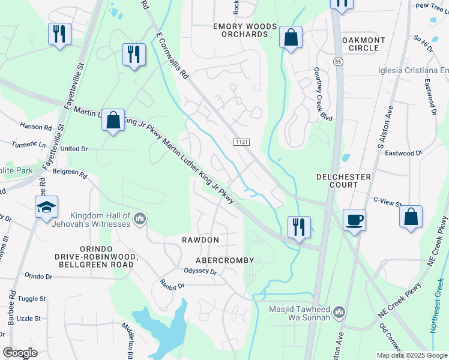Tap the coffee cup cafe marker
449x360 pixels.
click(x=354, y=220)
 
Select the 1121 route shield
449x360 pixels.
click(x=242, y=141)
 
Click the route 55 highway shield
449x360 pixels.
click(x=339, y=62)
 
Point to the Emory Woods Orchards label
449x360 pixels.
click(x=246, y=31)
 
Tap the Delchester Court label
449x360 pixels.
click(x=343, y=181)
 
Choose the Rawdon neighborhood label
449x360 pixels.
click(x=200, y=240)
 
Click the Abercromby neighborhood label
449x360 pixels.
click(x=225, y=260)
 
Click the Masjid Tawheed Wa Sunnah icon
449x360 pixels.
click(x=339, y=311)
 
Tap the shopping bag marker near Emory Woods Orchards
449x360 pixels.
click(x=291, y=39)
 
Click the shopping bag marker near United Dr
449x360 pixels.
click(x=113, y=121)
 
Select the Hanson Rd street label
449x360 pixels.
click(x=36, y=127)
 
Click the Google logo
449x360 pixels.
click(x=20, y=353)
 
